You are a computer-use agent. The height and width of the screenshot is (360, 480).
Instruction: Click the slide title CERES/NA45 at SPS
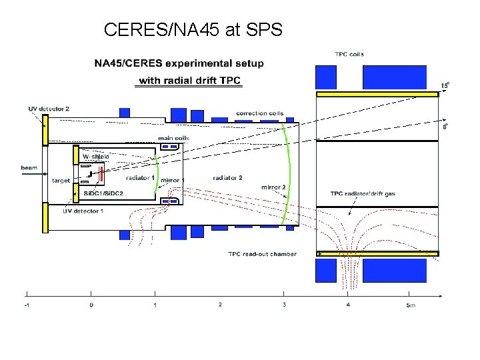click(x=193, y=29)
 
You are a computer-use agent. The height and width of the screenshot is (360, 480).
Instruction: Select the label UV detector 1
click(x=83, y=211)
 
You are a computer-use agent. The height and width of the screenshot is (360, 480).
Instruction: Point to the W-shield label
click(x=95, y=156)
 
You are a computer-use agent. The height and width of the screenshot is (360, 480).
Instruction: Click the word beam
click(x=29, y=167)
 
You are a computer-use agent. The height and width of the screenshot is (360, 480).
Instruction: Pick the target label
click(x=61, y=181)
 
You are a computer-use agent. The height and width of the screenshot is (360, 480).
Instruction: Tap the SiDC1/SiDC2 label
click(x=99, y=193)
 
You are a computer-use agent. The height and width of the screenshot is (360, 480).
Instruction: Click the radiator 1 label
click(x=140, y=177)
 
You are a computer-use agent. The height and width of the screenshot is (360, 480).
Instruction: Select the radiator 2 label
click(x=227, y=177)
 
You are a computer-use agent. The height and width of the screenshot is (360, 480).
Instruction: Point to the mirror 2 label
click(x=273, y=187)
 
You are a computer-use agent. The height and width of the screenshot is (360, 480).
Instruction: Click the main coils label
click(x=173, y=138)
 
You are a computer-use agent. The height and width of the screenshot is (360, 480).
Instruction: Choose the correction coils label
click(x=259, y=113)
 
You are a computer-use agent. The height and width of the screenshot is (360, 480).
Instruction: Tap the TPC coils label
click(x=349, y=54)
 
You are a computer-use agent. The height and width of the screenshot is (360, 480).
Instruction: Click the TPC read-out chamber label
click(x=262, y=253)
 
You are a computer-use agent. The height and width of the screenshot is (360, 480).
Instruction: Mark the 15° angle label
click(x=445, y=85)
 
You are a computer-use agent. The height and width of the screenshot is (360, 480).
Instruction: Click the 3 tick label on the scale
click(x=285, y=305)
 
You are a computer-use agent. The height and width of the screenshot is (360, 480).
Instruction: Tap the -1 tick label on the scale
click(x=26, y=305)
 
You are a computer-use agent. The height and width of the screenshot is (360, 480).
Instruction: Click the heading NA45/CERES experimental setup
click(x=179, y=64)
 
